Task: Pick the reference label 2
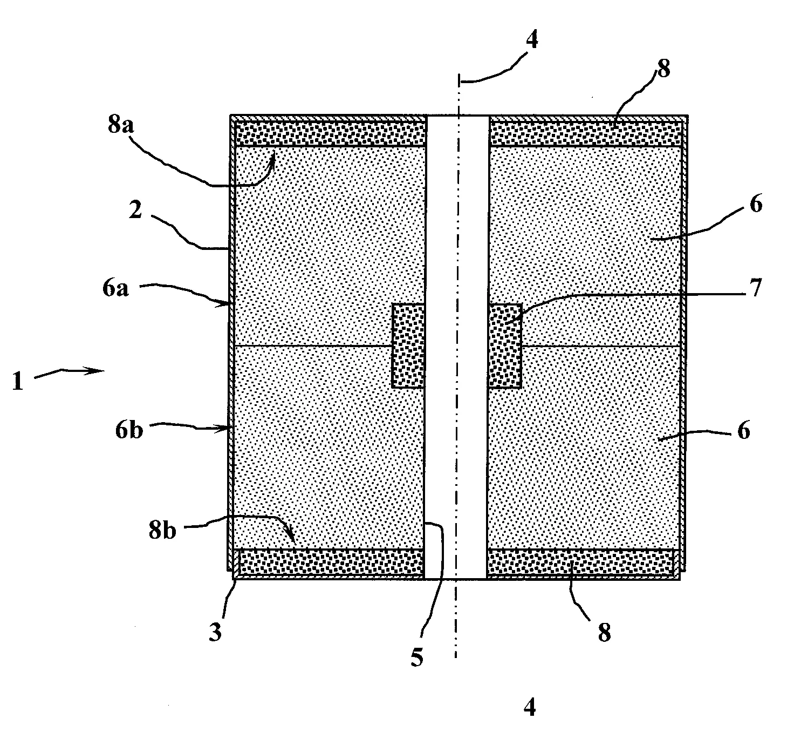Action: (135, 211)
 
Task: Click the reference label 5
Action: (417, 656)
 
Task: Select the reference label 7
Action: (755, 288)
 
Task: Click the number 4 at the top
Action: (532, 40)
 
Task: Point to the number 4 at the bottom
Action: (530, 707)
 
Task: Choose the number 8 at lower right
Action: (604, 632)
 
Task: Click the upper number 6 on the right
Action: (756, 205)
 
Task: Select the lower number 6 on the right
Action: (743, 432)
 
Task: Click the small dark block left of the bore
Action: (408, 345)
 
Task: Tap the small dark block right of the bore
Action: (505, 345)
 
